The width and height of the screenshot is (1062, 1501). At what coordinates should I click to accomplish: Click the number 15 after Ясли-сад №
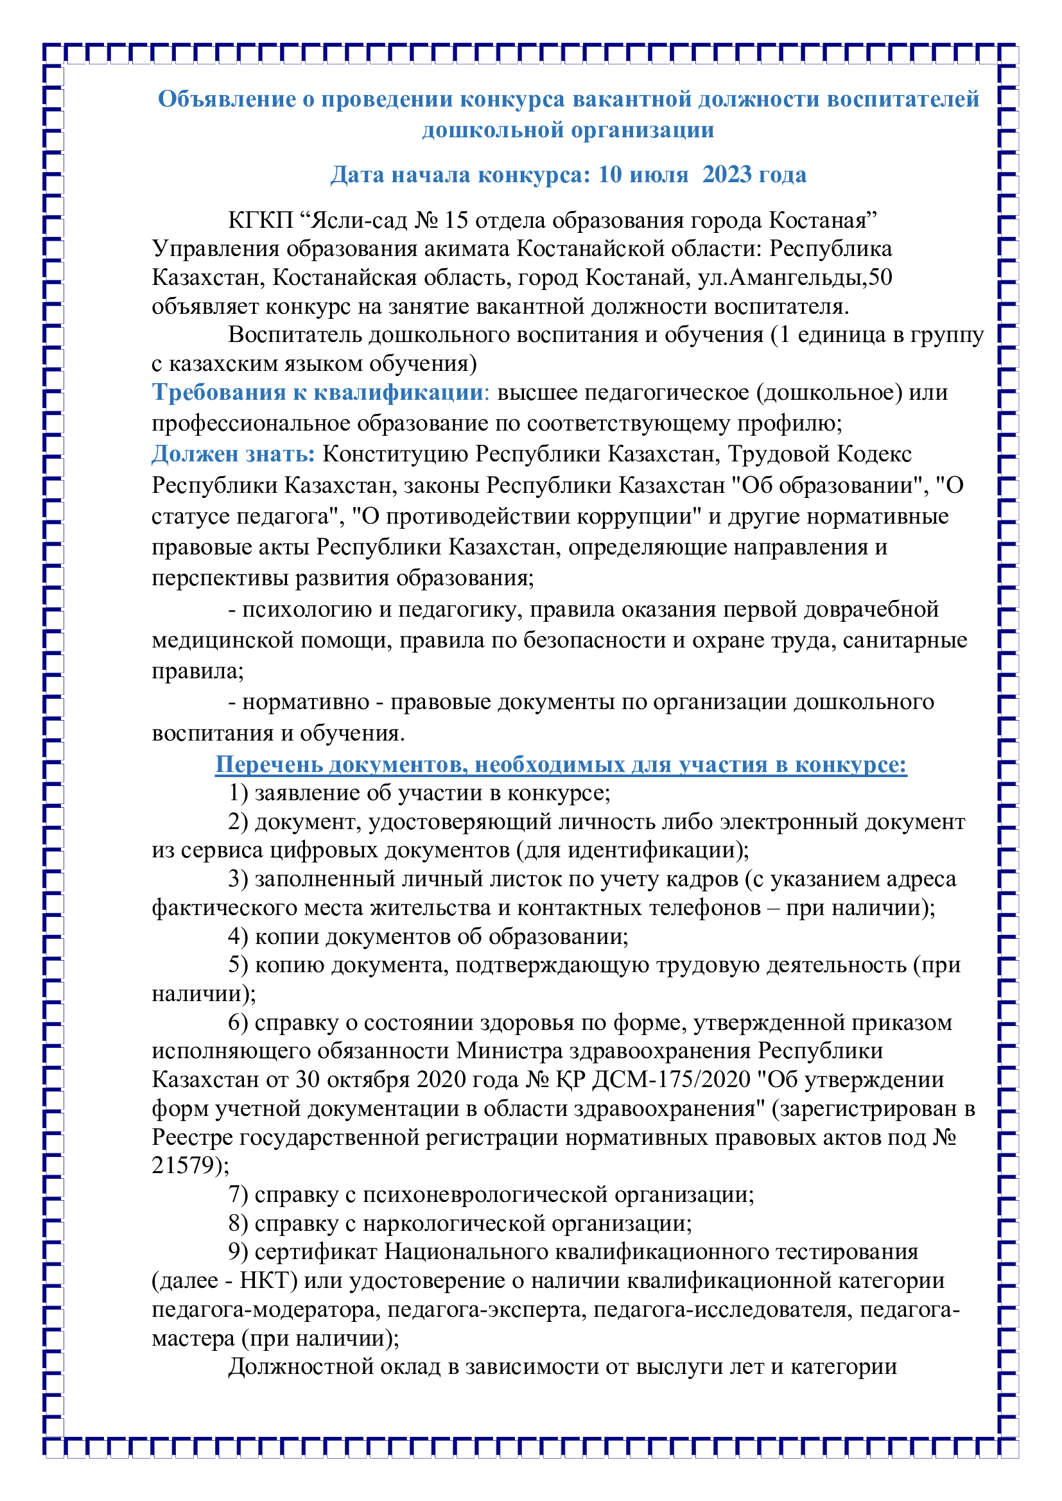456,220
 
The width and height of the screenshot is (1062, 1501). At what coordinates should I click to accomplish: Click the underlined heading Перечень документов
561,764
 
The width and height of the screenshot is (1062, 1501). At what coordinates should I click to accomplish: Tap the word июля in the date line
659,175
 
